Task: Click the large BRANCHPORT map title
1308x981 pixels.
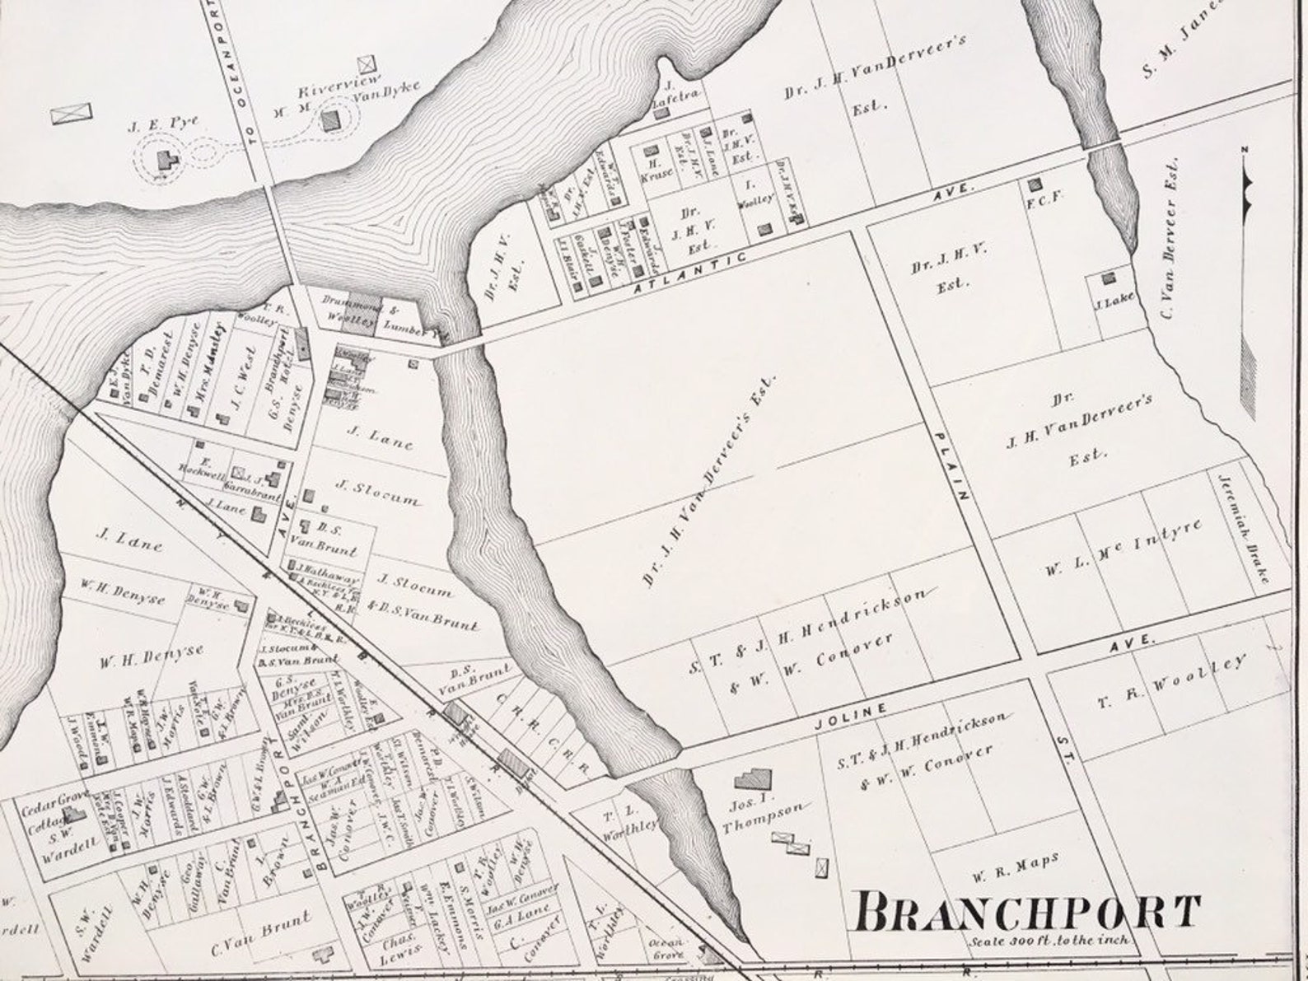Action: [1025, 913]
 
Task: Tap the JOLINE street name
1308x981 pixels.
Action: [849, 717]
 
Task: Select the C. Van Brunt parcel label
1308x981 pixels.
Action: [261, 932]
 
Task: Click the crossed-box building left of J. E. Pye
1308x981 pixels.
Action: [72, 114]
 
